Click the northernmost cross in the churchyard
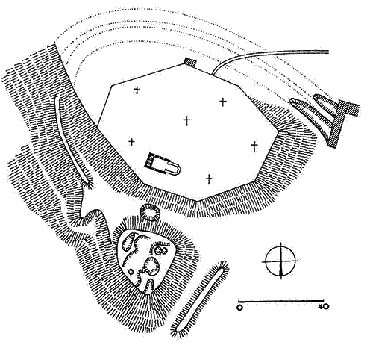[x=137, y=90]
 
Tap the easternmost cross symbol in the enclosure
[x=254, y=146]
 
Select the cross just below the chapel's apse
[x=209, y=179]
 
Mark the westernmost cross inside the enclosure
[x=131, y=142]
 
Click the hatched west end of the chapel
[x=149, y=160]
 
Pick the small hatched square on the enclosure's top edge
[x=191, y=61]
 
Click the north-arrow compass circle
[x=280, y=261]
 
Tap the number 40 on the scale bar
[x=324, y=307]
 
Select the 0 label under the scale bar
[x=239, y=308]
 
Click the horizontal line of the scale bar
[x=280, y=301]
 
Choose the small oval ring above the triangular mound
[x=150, y=212]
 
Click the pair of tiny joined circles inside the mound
[x=160, y=250]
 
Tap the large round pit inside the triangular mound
[x=151, y=267]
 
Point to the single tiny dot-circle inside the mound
[x=131, y=271]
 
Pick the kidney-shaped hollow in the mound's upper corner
[x=128, y=242]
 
